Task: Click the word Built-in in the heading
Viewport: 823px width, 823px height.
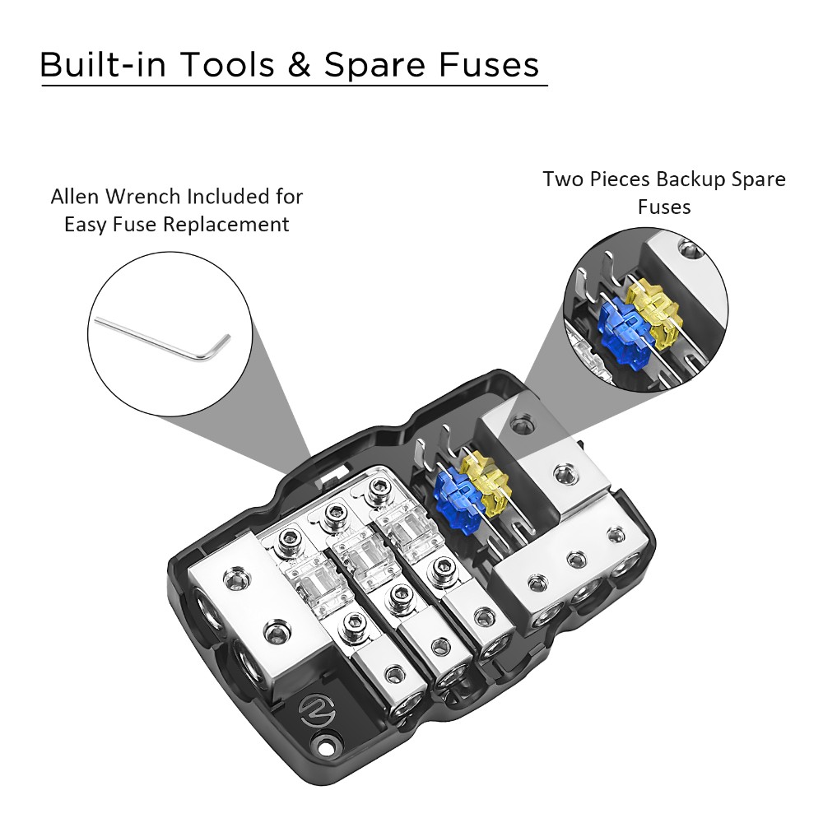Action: (x=103, y=64)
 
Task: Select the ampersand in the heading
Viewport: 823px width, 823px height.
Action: (x=299, y=64)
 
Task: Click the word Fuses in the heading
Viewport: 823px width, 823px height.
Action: (x=489, y=64)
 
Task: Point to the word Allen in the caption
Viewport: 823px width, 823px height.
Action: (x=76, y=197)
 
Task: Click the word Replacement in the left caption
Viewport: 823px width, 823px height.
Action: (x=226, y=225)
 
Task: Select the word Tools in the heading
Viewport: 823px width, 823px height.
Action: (x=227, y=64)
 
